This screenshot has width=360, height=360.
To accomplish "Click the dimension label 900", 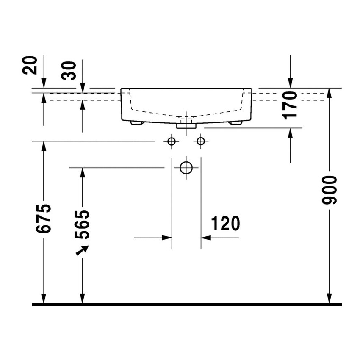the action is tap(329, 190).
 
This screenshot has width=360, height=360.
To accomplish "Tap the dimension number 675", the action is tap(44, 219).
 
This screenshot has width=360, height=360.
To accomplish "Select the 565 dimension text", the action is tap(82, 224).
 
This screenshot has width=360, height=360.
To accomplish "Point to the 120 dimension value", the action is tap(225, 223).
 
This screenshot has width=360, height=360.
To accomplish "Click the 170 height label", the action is tap(290, 105).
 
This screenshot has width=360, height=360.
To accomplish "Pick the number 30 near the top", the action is tap(69, 71).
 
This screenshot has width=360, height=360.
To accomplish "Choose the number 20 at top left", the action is tap(30, 65).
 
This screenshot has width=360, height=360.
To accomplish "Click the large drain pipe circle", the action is tap(186, 168).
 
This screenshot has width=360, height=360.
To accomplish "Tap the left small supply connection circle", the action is tap(172, 141).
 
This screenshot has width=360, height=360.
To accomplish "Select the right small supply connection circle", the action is tap(201, 141).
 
